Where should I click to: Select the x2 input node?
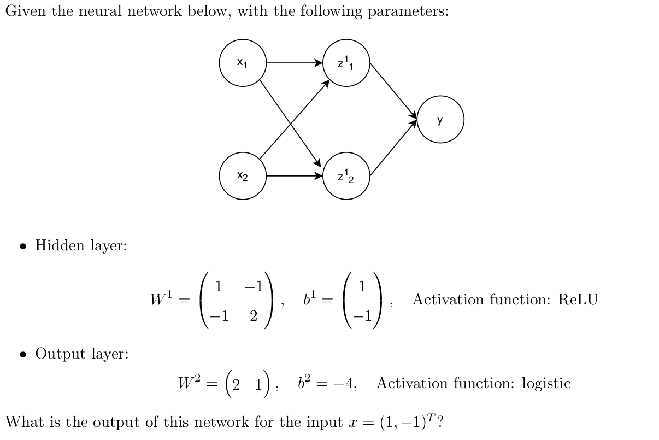point(243,176)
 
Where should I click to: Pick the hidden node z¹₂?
point(346,176)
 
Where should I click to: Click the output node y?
point(440,120)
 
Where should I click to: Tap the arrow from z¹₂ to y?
point(393,148)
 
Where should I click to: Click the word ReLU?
point(578,300)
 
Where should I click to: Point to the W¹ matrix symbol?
point(162,299)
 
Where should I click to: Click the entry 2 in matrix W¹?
point(254,316)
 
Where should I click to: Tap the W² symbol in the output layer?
point(190,383)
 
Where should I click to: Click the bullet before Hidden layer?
point(23,246)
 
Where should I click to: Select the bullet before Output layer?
point(23,354)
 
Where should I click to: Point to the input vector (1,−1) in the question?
point(407,423)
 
